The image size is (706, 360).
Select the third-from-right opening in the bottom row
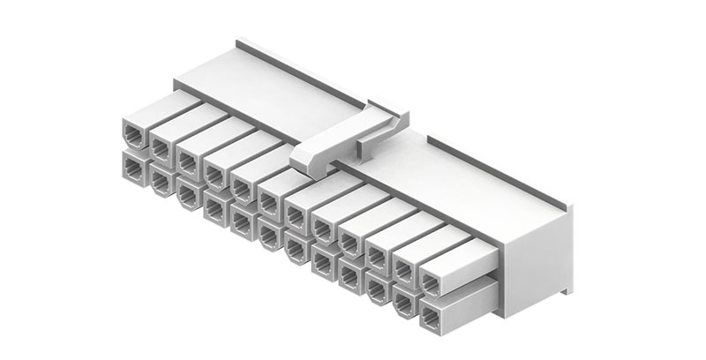tap(377, 286)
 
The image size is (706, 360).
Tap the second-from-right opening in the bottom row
tap(404, 300)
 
